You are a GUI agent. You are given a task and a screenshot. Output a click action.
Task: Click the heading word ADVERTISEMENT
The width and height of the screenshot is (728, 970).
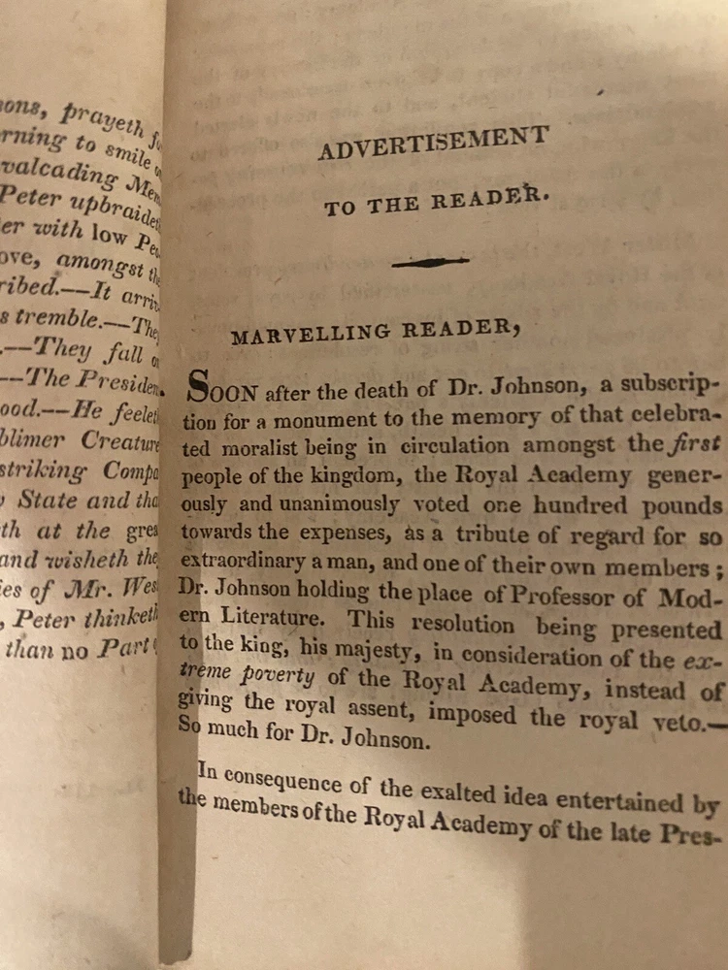433,144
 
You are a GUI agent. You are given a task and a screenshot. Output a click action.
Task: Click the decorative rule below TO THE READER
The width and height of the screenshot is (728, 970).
429,262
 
